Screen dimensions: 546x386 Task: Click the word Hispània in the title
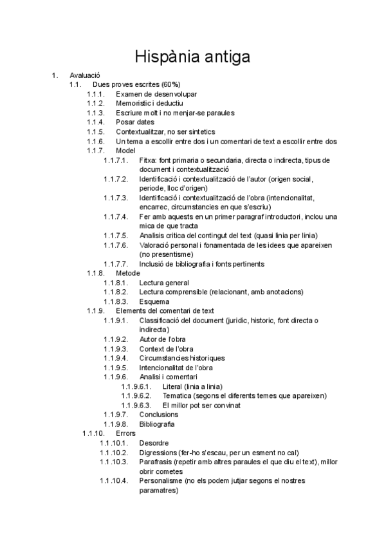169,57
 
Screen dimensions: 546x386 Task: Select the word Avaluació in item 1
85,75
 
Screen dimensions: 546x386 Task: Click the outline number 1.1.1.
96,94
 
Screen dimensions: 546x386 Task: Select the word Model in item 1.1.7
126,151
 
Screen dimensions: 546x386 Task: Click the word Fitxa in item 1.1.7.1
147,160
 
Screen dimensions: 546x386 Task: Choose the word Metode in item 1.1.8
127,274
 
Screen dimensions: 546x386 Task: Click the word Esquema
154,302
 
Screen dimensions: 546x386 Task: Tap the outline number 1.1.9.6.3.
136,406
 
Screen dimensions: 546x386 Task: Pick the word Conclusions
159,415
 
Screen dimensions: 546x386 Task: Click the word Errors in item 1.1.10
126,434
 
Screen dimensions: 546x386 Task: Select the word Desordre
154,443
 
